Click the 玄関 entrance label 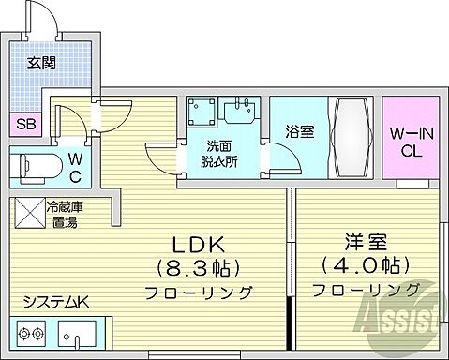40,64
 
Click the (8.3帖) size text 197,266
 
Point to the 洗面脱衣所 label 222,154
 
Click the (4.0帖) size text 363,264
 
